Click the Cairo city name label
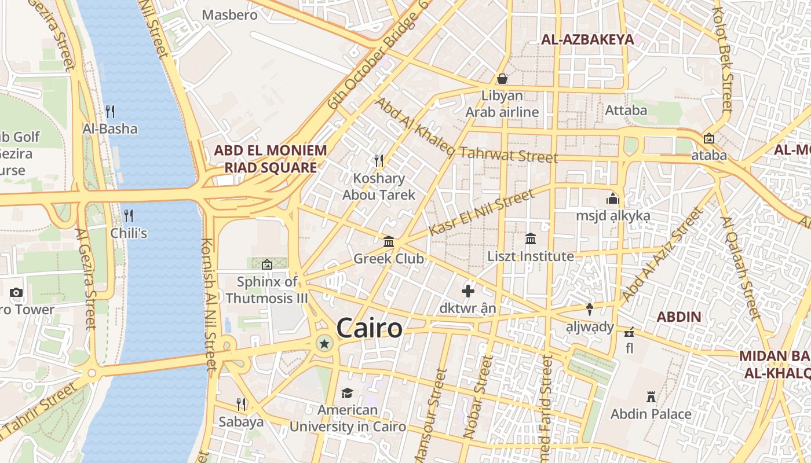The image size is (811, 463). [x=369, y=328]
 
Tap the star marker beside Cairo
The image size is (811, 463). [x=324, y=344]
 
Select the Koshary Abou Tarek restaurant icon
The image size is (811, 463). [x=379, y=160]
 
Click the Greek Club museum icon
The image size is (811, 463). [x=389, y=241]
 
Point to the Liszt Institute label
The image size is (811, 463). [x=531, y=256]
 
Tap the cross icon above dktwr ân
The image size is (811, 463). [x=467, y=291]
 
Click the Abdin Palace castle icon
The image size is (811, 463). [x=651, y=397]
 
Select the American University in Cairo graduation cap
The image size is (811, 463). [x=347, y=394]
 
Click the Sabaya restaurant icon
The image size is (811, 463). [x=241, y=404]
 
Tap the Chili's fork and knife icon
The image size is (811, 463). [x=129, y=216]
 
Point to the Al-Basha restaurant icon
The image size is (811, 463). [x=110, y=111]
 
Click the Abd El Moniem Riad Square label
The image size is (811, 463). [x=271, y=159]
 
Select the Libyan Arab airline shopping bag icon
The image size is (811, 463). [x=502, y=78]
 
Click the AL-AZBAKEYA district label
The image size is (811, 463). [x=587, y=39]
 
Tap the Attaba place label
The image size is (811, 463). [x=626, y=110]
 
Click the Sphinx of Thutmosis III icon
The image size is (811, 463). [x=266, y=264]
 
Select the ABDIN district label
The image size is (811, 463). [x=678, y=317]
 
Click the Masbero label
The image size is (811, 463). [x=229, y=15]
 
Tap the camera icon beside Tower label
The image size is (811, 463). [x=16, y=292]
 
